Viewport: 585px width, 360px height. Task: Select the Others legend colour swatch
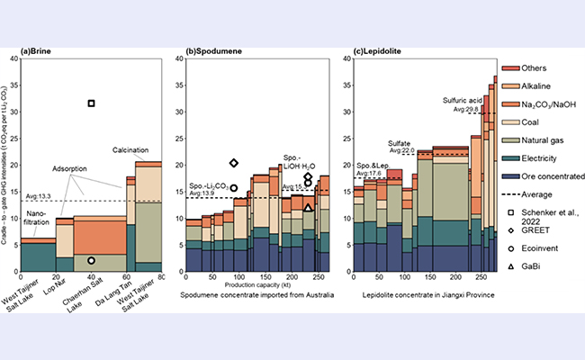tap(509, 68)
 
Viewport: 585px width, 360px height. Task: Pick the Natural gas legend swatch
tap(509, 140)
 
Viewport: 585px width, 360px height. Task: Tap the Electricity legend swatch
tap(509, 158)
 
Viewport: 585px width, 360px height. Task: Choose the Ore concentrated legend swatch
tap(509, 176)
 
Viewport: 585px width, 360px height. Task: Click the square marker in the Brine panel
tap(91, 103)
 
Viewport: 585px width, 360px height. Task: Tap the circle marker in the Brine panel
tap(91, 260)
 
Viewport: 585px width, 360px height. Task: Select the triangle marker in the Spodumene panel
tap(308, 207)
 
